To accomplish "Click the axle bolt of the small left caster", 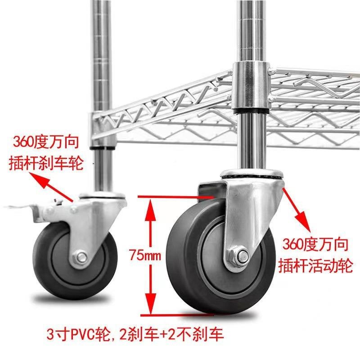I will pos(81,257).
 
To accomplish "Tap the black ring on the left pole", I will pos(103,147).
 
